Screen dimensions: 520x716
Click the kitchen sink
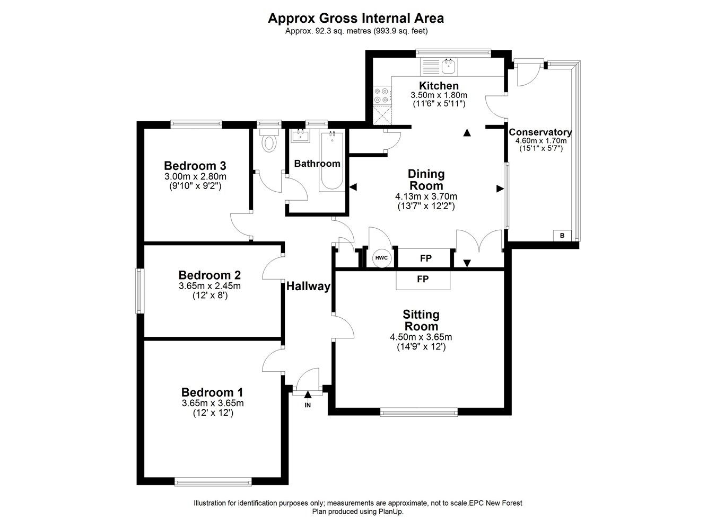[x=448, y=66]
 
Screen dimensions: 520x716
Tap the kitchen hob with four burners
[x=382, y=95]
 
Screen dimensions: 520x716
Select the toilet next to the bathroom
[x=269, y=142]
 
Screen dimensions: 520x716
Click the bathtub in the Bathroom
[x=332, y=162]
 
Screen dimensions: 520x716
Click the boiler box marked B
[x=562, y=236]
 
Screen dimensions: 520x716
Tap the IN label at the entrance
[x=308, y=405]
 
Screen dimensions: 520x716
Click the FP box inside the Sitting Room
[x=423, y=279]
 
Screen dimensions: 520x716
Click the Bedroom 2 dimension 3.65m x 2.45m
[x=209, y=286]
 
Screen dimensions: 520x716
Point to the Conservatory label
[x=540, y=132]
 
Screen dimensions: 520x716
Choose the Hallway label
[x=308, y=286]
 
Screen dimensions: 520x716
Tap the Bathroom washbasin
[x=300, y=136]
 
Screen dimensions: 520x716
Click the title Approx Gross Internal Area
[x=355, y=18]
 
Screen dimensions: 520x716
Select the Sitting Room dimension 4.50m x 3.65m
[x=421, y=337]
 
